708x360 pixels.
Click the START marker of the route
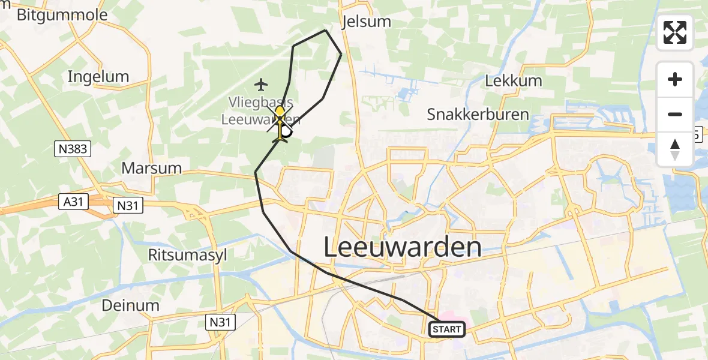(447, 329)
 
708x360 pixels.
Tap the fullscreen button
(675, 32)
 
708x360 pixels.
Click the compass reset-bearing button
(675, 149)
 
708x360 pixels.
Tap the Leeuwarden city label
(403, 247)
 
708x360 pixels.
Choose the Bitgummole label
(62, 15)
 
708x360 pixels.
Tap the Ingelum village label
(98, 76)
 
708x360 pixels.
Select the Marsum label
(151, 167)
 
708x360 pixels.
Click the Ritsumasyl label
(188, 254)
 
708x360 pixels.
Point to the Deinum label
(130, 305)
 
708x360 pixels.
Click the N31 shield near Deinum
(220, 322)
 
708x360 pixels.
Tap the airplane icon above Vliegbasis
(260, 83)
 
